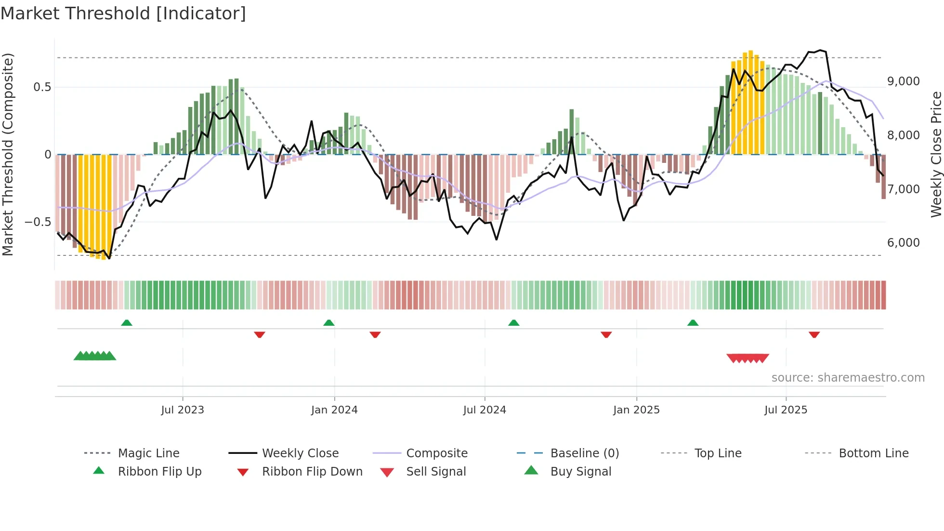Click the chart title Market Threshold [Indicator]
(123, 13)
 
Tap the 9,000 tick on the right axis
(903, 81)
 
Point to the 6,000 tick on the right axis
(903, 243)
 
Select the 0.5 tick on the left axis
(42, 87)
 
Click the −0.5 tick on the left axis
(38, 222)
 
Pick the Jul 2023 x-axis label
(183, 410)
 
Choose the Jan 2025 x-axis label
(636, 410)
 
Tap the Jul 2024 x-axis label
(485, 410)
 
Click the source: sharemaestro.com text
(848, 378)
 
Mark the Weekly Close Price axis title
(936, 154)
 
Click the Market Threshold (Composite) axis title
(8, 154)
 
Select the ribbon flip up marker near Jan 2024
(329, 323)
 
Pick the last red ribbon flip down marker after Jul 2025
(814, 334)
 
